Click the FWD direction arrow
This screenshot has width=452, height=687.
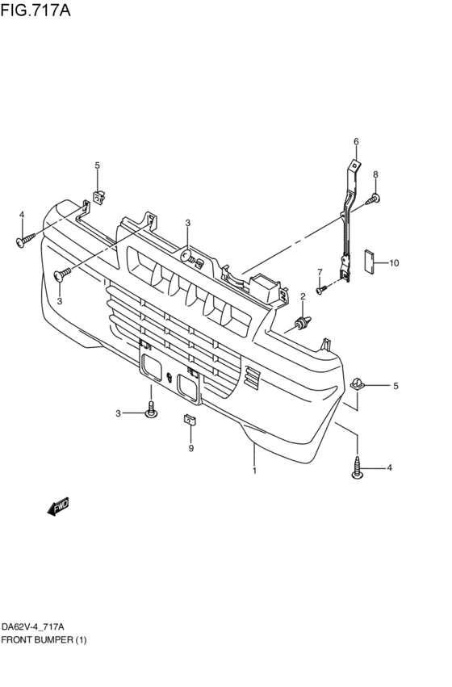[x=58, y=506]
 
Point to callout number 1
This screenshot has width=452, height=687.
[x=254, y=470]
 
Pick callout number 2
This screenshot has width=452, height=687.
[x=303, y=297]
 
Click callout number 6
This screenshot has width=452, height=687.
[x=355, y=142]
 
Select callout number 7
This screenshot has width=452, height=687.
[x=319, y=271]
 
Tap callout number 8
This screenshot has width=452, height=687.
[x=375, y=174]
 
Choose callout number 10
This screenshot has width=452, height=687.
[x=394, y=262]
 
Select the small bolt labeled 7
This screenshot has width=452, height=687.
[x=321, y=289]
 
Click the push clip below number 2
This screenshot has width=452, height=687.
[x=301, y=325]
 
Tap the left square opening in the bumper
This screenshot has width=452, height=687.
[x=149, y=367]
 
